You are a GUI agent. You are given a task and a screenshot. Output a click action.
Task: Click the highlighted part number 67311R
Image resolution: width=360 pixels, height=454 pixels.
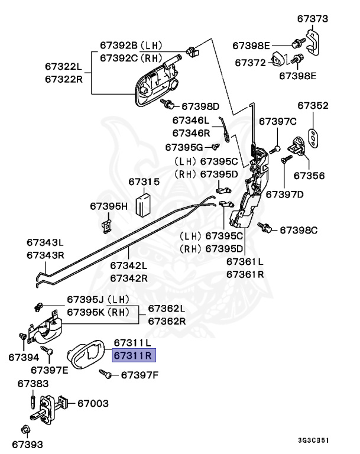coord(133,355)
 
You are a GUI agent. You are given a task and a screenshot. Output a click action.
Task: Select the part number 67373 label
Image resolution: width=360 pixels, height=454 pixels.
coord(312,20)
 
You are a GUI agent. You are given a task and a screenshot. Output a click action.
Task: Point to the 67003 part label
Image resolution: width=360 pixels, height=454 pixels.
coord(93,404)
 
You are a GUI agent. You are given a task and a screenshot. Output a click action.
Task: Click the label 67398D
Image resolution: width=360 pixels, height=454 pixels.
coord(200,106)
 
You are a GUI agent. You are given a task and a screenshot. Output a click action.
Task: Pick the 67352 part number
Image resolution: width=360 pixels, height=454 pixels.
coord(313,106)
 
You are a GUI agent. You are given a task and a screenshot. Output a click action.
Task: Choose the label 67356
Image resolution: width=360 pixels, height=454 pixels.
coord(309,176)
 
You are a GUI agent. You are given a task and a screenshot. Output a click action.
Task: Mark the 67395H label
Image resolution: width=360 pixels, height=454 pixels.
coord(108,206)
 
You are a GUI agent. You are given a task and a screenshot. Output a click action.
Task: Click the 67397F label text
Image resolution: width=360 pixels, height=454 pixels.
coord(140,374)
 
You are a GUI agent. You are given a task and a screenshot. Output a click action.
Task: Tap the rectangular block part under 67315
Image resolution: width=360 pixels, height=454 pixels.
coord(144,205)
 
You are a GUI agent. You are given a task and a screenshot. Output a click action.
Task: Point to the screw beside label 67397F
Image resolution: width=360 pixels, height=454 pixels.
coord(107,374)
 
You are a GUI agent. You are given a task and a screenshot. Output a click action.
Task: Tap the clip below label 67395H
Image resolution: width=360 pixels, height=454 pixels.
coord(107,223)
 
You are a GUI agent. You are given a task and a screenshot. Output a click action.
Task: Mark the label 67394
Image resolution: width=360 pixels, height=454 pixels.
coord(24,357)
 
